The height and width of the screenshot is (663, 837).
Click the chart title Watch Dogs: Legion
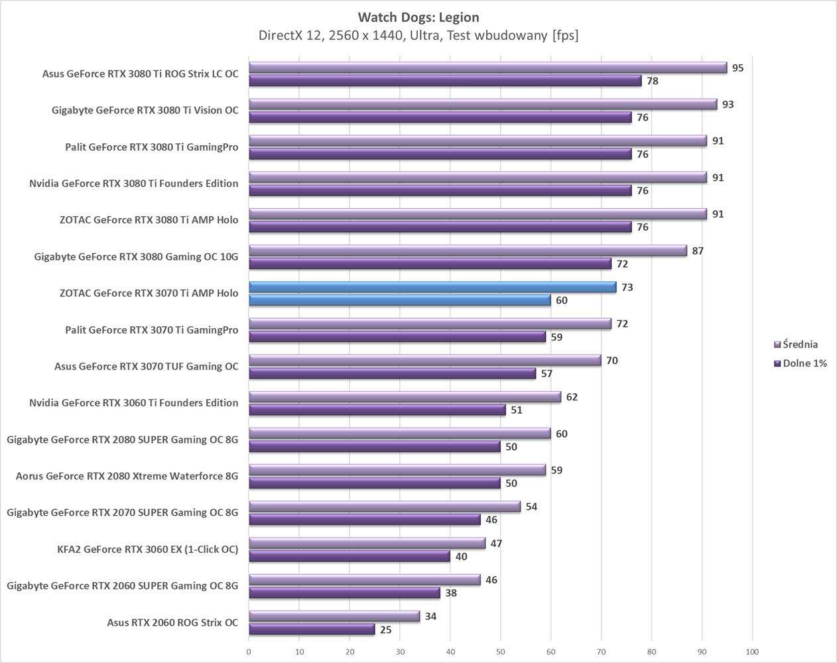pos(418,17)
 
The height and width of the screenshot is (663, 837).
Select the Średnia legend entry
pos(800,345)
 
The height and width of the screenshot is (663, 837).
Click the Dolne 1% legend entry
pos(805,363)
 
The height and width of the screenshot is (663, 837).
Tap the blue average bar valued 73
pos(432,287)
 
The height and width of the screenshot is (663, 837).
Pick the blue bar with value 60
pos(400,300)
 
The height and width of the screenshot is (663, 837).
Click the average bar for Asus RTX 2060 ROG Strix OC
pos(334,617)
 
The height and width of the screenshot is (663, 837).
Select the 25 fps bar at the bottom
pos(312,630)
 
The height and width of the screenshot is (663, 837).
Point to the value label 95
pos(738,68)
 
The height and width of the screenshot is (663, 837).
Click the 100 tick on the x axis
pos(752,652)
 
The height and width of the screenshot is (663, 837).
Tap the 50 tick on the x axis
pos(501,652)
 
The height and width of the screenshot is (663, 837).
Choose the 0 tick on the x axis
pos(249,652)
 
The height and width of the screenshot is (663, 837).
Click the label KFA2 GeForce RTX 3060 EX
pos(147,549)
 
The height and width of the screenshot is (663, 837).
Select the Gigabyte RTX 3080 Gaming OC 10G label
pos(136,257)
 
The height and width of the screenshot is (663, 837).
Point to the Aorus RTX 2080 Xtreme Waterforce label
pos(127,476)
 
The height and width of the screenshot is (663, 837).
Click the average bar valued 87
pos(468,251)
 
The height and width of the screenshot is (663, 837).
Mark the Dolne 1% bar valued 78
pos(445,81)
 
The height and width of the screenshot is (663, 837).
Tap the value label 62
pos(572,397)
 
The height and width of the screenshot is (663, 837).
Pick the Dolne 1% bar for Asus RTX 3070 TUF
pos(392,374)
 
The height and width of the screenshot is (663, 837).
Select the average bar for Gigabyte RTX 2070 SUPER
pos(385,507)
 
